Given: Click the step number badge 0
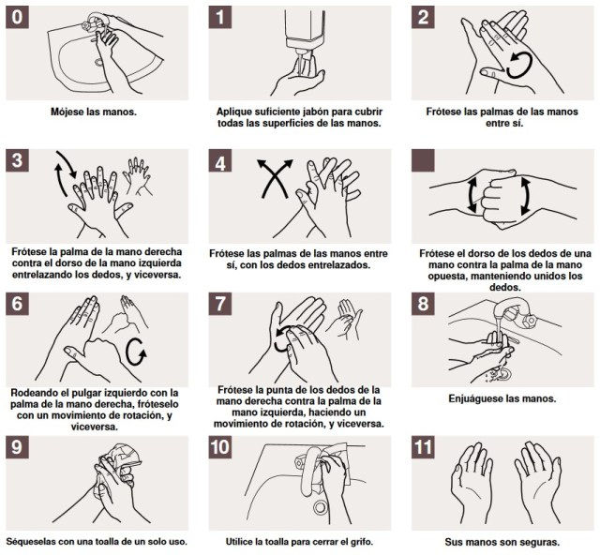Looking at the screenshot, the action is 17,17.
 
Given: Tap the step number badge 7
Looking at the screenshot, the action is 220,304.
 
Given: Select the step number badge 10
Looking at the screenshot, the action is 220,447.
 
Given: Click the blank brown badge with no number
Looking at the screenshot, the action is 423,160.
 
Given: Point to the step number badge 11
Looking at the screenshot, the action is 423,447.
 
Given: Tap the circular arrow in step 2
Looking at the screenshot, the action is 519,65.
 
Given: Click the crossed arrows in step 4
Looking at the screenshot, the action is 275,178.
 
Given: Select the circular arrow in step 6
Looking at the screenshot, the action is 136,352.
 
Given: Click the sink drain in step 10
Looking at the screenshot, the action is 320,507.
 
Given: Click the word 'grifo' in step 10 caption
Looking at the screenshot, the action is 360,542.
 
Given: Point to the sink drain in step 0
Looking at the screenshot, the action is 99,62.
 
